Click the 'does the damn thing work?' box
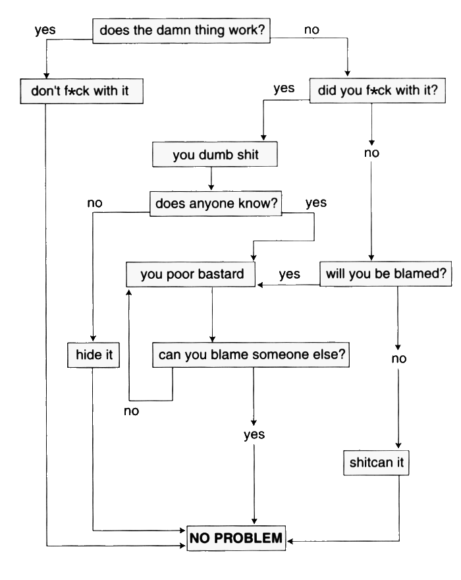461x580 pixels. [x=181, y=31]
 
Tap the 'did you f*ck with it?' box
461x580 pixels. [x=377, y=91]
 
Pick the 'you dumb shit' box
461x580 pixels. [x=215, y=156]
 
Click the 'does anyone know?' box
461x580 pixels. [x=216, y=204]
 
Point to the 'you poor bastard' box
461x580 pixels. [x=191, y=274]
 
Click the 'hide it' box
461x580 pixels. [x=94, y=355]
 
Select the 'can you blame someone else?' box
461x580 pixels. [x=252, y=355]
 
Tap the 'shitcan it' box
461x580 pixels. [x=376, y=463]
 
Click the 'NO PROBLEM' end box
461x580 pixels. [x=236, y=538]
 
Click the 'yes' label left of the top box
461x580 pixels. [x=45, y=30]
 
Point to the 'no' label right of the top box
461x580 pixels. [x=312, y=30]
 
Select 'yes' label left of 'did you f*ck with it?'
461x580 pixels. [x=284, y=89]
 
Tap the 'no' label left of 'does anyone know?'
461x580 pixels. [x=95, y=203]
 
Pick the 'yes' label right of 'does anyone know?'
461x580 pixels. [x=316, y=203]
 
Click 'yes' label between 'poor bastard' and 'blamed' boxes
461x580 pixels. [x=289, y=275]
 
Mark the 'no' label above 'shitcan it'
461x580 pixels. [x=399, y=359]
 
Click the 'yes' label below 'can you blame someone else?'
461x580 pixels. [x=254, y=434]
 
